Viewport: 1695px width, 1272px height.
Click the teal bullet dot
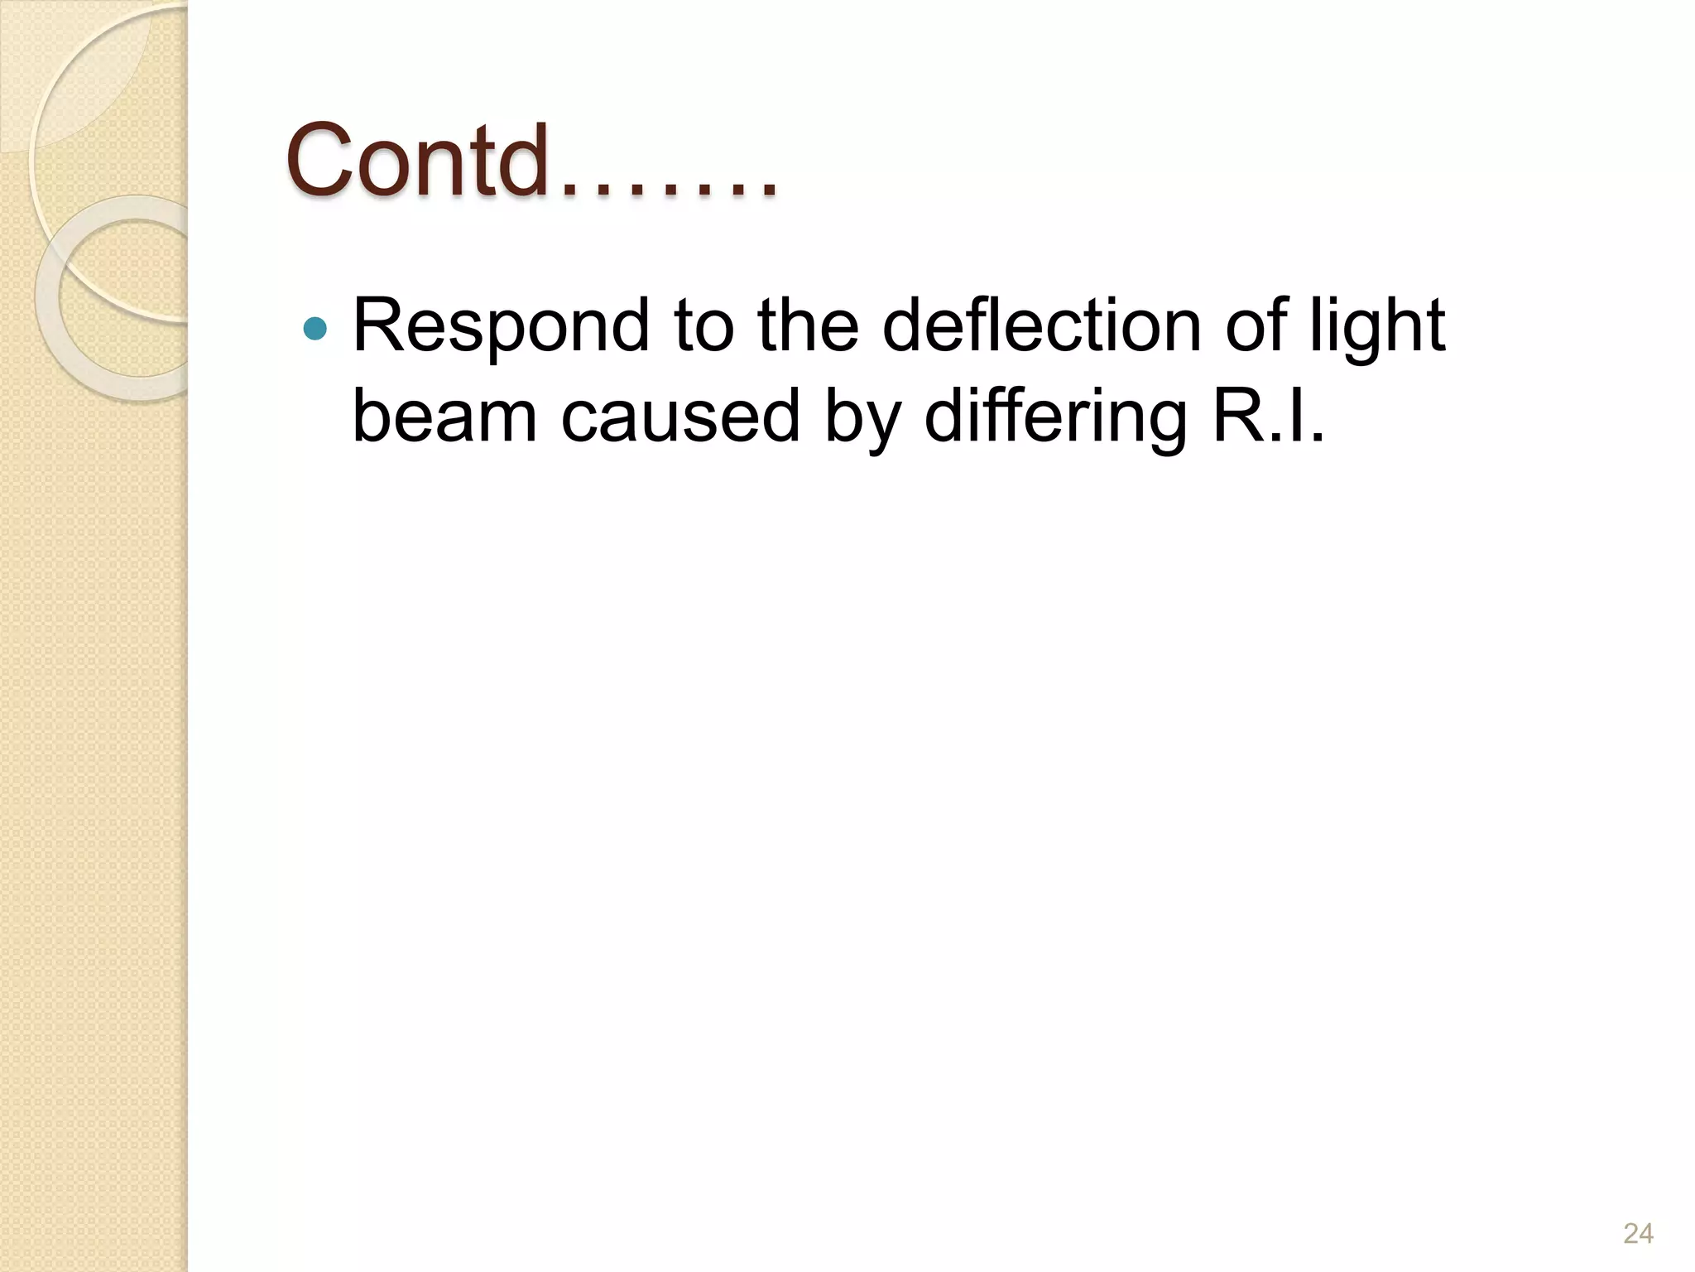click(x=315, y=330)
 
